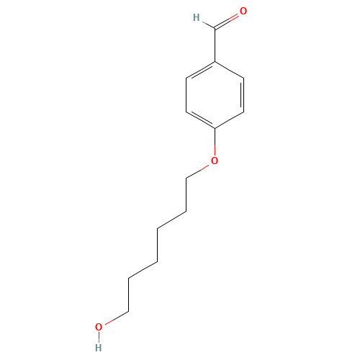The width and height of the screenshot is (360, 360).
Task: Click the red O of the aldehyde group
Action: click(x=243, y=11)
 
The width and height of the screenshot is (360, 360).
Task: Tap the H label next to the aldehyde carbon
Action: click(x=197, y=17)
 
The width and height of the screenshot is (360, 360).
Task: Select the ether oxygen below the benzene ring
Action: click(x=215, y=161)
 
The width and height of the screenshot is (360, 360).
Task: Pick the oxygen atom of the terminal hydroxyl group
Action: click(x=99, y=327)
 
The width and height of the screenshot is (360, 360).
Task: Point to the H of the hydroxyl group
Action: click(x=99, y=348)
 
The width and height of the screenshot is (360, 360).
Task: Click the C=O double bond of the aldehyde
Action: click(x=227, y=22)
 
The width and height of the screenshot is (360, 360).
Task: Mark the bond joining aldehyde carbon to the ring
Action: click(x=215, y=45)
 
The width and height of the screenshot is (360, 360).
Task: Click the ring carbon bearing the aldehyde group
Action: click(x=215, y=62)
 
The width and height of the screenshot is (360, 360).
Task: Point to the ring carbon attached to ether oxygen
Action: click(x=215, y=128)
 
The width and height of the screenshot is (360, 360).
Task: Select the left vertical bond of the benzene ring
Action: click(x=186, y=95)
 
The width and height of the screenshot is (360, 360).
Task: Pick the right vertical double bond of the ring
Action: click(x=243, y=95)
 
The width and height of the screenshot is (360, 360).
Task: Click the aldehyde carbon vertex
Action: click(x=215, y=29)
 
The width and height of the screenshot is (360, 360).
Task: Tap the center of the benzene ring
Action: click(x=215, y=95)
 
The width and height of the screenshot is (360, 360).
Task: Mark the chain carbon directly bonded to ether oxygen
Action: click(x=186, y=179)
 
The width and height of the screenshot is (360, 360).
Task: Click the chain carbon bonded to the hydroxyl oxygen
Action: click(x=129, y=311)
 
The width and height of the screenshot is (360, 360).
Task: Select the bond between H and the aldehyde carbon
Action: click(x=208, y=25)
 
